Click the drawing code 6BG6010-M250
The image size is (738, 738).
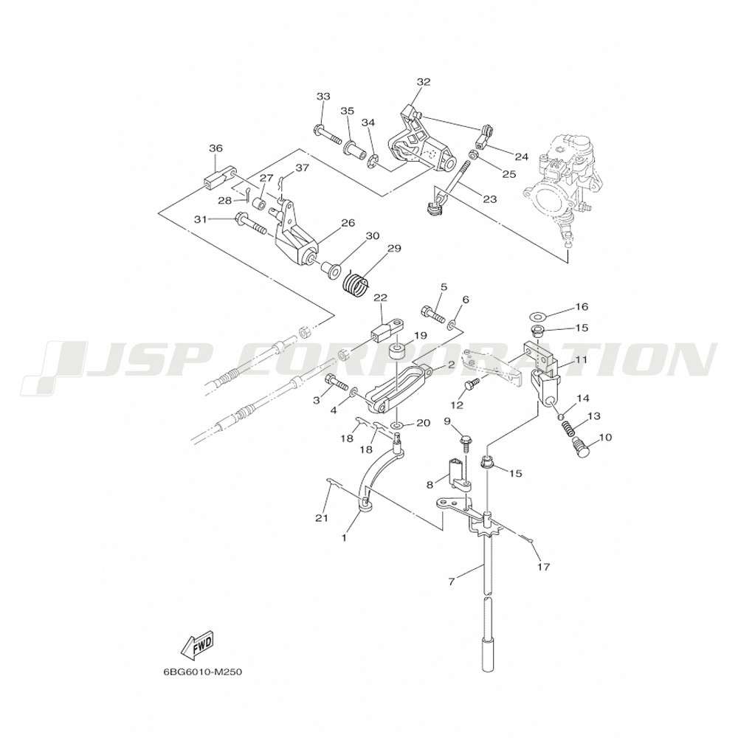203,672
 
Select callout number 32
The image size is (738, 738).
423,81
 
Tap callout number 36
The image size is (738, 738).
215,148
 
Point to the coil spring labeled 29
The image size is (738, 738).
358,284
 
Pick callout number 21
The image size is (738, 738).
320,519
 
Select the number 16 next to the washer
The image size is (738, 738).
582,306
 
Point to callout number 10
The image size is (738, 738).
606,437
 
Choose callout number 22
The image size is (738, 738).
380,298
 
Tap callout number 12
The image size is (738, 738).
458,405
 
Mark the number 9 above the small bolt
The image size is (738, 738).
447,421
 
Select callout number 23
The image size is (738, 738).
490,199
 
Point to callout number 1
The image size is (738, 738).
343,538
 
